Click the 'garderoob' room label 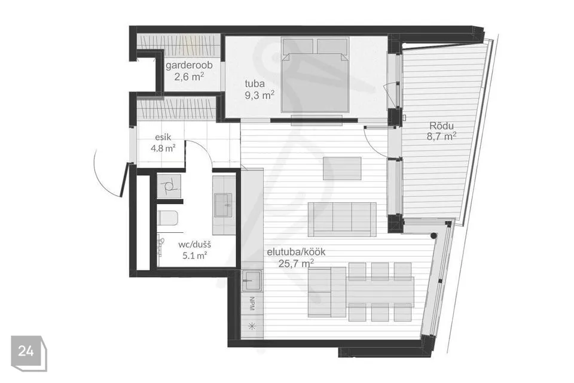coord(189,66)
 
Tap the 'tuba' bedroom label coord(255,84)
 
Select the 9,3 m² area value coord(260,95)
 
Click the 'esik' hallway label coord(163,138)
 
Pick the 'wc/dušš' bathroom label coord(194,244)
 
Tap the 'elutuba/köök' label coord(296,252)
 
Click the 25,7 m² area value coord(296,263)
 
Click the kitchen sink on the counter coord(252,281)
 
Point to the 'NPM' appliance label coord(252,304)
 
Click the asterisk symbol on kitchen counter coord(252,326)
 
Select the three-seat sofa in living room coord(342,219)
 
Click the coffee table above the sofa coord(342,168)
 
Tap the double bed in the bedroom coord(315,75)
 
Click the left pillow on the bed coord(298,46)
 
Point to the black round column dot coord(433,236)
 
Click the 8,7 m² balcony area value coord(441,136)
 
